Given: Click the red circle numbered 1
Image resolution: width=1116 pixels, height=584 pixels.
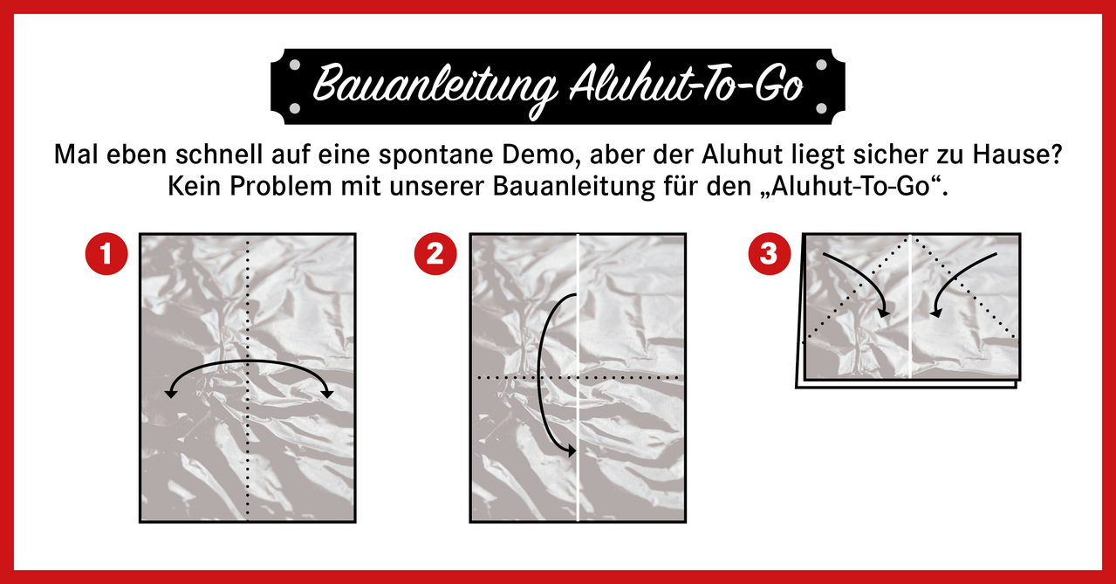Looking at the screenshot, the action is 106,254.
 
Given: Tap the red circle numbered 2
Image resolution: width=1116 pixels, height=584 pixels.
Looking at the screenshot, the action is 435,254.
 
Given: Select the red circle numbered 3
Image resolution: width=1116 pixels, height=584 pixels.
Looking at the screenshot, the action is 770,254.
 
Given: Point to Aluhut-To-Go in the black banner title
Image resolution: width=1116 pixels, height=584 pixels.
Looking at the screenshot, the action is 687,85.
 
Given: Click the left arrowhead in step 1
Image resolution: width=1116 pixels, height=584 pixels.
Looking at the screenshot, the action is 171,394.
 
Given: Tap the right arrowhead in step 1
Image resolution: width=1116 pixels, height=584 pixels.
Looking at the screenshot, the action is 327,394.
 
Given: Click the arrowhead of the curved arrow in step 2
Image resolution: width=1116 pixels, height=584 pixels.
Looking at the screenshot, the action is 571,451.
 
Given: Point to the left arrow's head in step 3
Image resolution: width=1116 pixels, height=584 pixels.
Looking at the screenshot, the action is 884,313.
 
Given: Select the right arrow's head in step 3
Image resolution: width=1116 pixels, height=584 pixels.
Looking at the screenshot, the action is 935,313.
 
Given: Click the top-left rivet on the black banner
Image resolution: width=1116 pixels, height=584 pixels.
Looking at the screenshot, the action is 295,65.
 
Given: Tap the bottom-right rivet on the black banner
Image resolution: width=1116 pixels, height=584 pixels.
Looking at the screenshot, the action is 822,108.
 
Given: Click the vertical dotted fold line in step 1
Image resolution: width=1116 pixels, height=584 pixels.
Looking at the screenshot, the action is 248,378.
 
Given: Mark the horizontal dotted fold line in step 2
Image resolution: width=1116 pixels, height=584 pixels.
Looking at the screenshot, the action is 578,378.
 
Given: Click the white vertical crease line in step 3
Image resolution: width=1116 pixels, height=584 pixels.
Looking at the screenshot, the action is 911,306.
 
